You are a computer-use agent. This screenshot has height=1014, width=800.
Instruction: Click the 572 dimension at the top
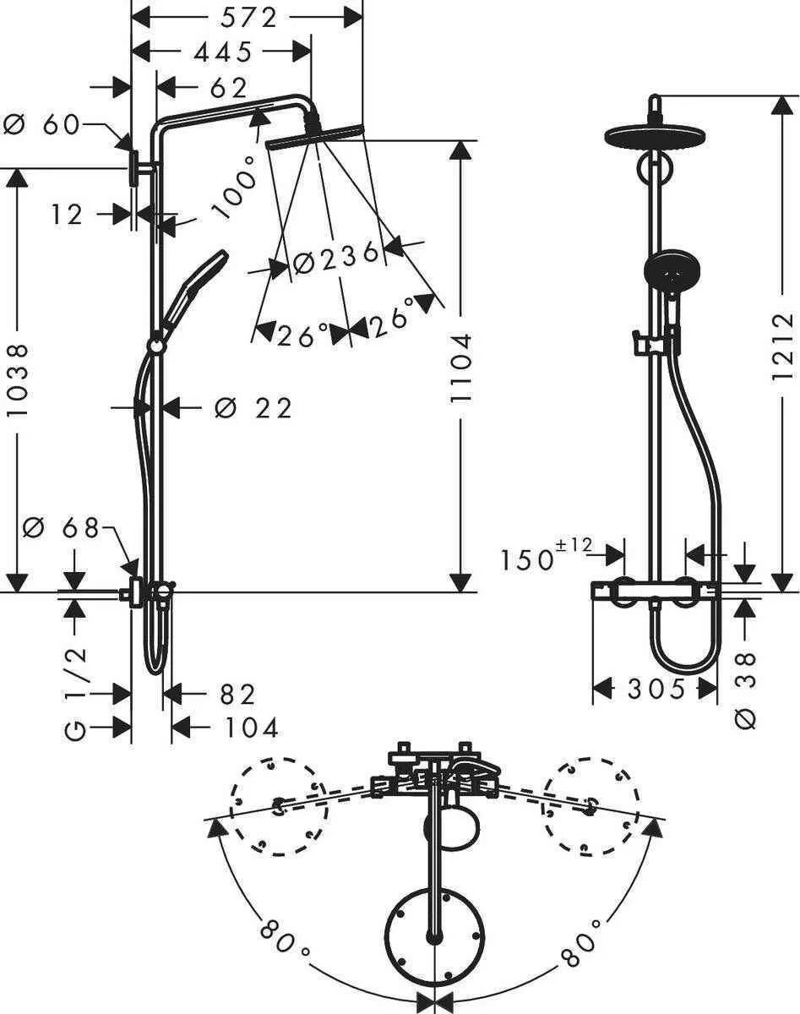pos(247,16)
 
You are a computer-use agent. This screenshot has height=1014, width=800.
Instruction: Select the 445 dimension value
pos(222,52)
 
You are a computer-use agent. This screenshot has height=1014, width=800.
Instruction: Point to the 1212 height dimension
pos(783,346)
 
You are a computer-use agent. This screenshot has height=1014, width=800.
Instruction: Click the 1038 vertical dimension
pos(18,379)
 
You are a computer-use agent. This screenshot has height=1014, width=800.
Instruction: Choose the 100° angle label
pos(236,188)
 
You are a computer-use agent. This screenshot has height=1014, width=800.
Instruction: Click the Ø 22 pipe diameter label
pos(253,409)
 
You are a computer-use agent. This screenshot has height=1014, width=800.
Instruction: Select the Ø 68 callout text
pos(61,529)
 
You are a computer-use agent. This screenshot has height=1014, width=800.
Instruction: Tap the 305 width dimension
pos(656,690)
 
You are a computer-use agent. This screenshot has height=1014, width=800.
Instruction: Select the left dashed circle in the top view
pos(280,807)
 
